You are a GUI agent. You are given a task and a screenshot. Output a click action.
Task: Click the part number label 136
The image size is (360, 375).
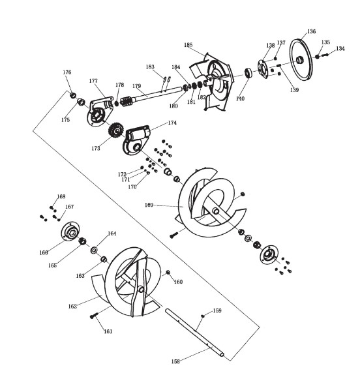pyautogui.click(x=311, y=31)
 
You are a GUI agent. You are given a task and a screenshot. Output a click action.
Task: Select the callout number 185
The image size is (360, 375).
pyautogui.click(x=188, y=45)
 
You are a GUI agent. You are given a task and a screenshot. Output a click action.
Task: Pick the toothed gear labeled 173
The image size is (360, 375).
pyautogui.click(x=116, y=131)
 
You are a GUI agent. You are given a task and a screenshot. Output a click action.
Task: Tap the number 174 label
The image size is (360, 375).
pyautogui.click(x=172, y=123)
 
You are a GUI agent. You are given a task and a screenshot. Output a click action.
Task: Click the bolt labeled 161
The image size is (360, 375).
pyautogui.click(x=94, y=316)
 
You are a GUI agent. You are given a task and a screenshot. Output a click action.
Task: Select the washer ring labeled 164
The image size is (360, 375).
pyautogui.click(x=94, y=250)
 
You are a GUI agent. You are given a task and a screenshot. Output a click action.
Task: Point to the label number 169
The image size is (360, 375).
pyautogui.click(x=149, y=205)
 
